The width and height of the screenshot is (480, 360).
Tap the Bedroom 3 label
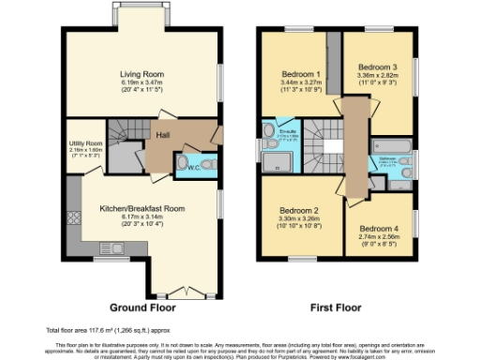pyautogui.click(x=375, y=68)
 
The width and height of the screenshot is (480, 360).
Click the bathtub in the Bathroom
pyautogui.click(x=393, y=146)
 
